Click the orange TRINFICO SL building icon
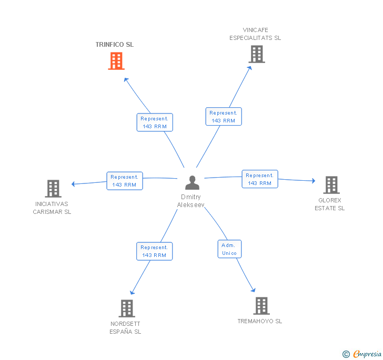116,61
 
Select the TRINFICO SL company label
115,45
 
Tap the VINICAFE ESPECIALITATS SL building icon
256,54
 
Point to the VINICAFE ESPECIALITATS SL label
255,34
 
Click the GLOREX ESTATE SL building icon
331,185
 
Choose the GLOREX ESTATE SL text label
330,204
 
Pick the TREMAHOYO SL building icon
261,305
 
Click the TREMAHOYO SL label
260,321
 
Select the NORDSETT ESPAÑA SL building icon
127,308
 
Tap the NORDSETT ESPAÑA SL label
125,327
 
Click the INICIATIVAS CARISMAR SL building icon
53,188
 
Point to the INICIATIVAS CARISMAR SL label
52,208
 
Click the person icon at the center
193,183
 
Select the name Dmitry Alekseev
191,201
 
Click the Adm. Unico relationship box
229,249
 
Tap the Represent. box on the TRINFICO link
154,122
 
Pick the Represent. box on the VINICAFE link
224,117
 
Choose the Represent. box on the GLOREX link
260,179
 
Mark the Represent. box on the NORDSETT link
154,251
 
